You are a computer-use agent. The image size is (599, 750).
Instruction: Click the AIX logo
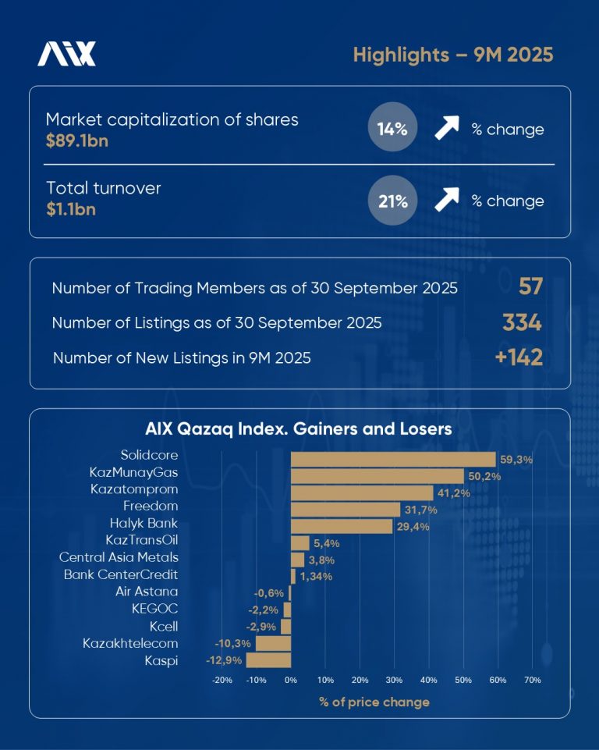point(67,54)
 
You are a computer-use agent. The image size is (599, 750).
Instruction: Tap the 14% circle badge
point(392,130)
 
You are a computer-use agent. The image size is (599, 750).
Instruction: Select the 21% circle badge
point(392,201)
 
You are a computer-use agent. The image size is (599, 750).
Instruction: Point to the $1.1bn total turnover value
point(70,210)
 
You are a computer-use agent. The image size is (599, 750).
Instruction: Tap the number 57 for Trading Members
point(530,287)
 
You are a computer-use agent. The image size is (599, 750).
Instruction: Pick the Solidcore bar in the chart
point(393,459)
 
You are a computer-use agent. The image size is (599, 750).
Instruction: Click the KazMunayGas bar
point(377,476)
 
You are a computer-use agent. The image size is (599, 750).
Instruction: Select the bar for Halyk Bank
point(342,526)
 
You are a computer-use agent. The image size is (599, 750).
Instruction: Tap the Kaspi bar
point(268,660)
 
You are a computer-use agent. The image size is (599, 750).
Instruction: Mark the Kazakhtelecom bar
point(273,643)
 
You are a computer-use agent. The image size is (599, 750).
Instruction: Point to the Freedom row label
point(151,507)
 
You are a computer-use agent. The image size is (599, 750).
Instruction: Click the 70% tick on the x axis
point(533,681)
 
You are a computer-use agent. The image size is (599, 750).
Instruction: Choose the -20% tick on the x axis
point(222,681)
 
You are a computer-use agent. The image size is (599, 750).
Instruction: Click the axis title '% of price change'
point(374,702)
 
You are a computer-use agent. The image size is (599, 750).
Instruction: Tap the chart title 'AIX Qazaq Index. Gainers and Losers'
point(299,429)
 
